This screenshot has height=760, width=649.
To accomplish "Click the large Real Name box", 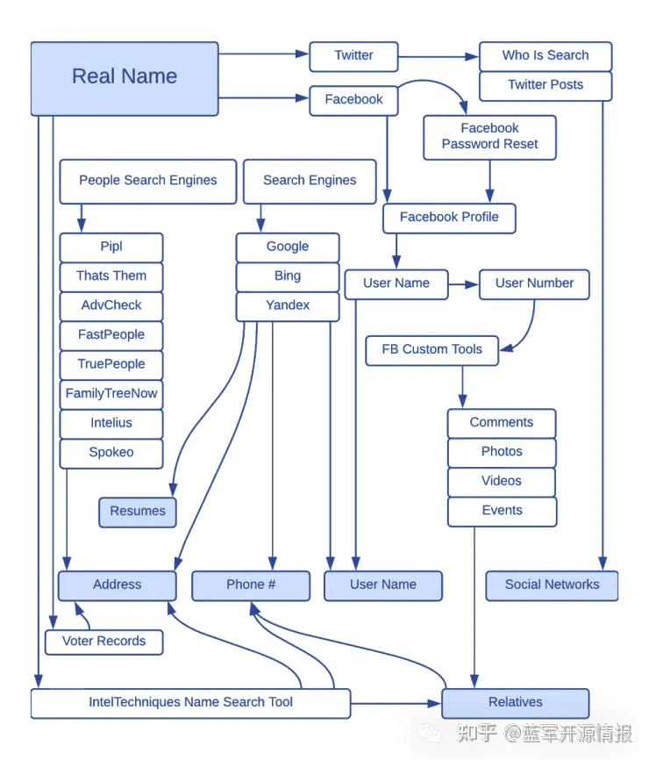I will [125, 77].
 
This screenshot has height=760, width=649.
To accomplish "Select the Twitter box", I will [353, 55].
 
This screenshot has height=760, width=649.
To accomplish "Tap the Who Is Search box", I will [545, 55].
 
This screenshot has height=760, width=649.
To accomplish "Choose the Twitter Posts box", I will [545, 85].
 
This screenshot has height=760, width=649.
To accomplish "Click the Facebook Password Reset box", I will [489, 136].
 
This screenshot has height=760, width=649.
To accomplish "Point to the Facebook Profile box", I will [449, 217].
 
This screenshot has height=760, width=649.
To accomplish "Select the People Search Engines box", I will [147, 180].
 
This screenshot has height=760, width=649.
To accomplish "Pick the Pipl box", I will [111, 247].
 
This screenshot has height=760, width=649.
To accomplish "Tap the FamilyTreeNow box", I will [111, 393].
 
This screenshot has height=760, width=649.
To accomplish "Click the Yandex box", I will [288, 305].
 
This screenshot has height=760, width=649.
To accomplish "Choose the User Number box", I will [534, 283].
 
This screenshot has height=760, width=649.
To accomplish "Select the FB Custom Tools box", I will [431, 349].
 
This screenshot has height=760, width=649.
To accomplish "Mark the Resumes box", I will [138, 512].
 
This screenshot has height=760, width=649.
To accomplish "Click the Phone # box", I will [251, 584].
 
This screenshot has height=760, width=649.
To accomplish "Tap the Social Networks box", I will [552, 584].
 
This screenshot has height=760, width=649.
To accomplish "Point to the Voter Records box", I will [103, 641].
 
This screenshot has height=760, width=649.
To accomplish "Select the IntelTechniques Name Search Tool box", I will [190, 703].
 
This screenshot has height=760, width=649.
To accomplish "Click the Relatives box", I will [515, 703].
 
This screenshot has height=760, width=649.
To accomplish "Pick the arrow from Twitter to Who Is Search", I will [439, 57].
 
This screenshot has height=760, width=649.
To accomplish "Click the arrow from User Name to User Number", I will [463, 283].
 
